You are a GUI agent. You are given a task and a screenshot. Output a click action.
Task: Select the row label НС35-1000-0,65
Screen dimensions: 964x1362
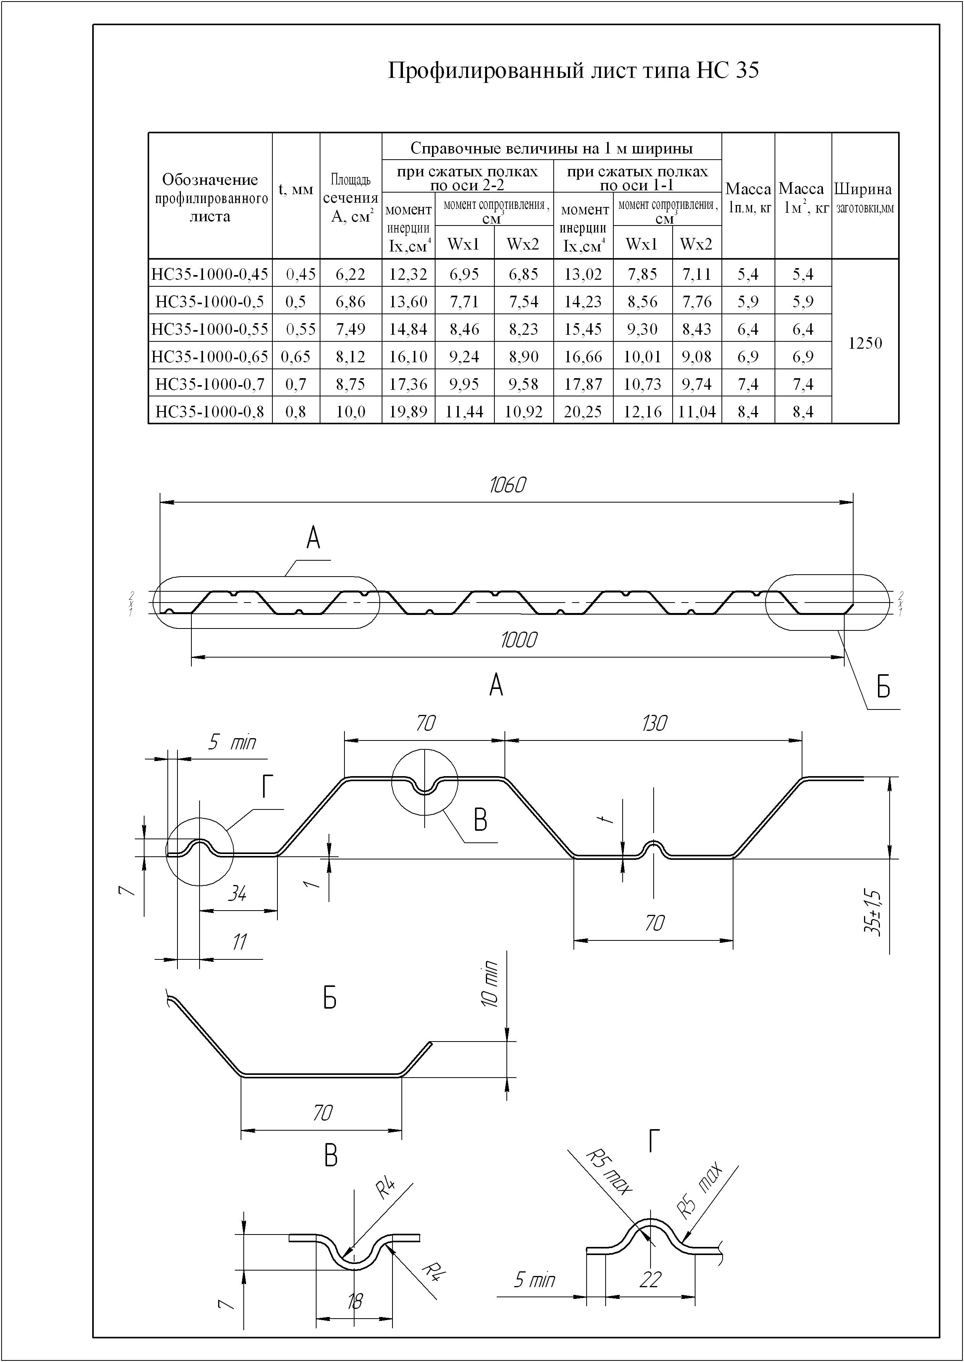tap(210, 356)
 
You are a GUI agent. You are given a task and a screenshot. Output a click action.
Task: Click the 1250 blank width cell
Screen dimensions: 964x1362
tap(866, 343)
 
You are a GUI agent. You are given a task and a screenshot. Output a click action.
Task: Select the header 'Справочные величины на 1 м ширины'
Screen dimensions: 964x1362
tap(551, 148)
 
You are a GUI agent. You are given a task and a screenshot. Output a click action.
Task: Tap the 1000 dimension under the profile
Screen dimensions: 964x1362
tap(519, 640)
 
